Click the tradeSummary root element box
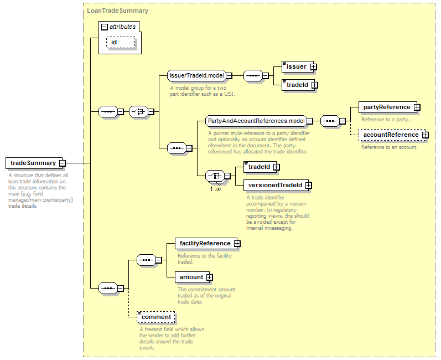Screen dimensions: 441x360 tap(34, 163)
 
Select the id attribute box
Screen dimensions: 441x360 tap(121, 42)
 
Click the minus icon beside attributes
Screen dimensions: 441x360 tap(105, 27)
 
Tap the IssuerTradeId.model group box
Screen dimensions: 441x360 tap(196, 75)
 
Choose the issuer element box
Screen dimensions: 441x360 tap(298, 66)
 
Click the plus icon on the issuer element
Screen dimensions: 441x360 tap(313, 67)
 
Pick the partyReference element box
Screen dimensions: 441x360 tap(388, 107)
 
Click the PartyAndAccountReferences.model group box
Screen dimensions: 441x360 tap(256, 121)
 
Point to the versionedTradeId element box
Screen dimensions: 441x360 tap(276, 185)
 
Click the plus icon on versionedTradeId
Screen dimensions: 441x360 tap(309, 186)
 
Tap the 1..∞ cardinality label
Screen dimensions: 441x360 tap(215, 189)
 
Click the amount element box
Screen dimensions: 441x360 tap(192, 277)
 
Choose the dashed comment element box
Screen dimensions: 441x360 tap(156, 317)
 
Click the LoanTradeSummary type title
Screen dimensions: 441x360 tap(117, 11)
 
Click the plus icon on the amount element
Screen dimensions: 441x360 tap(209, 277)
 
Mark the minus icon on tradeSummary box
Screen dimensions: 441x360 tap(63, 163)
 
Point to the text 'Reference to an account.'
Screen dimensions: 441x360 tap(390, 147)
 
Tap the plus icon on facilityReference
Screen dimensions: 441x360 tap(237, 244)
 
